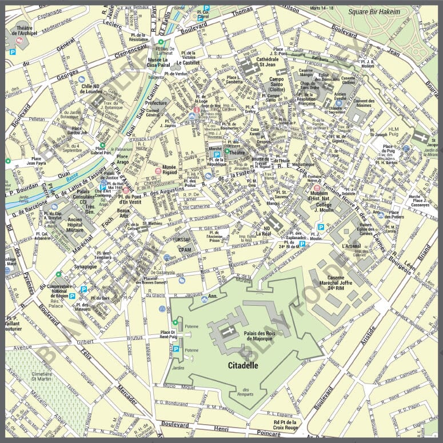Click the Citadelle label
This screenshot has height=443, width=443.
point(243,364)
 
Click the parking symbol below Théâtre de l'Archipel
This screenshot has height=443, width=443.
point(13,51)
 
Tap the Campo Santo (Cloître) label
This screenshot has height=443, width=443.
point(277,84)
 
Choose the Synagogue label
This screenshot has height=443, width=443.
point(86,266)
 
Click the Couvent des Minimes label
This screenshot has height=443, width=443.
point(364,103)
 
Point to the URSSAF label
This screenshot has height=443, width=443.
point(184,240)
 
